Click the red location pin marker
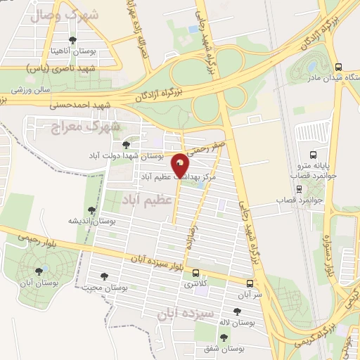(x=181, y=165)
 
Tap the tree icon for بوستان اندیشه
(x=91, y=210)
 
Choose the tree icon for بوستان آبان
(x=39, y=269)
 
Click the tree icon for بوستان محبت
(x=105, y=276)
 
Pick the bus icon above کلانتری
(x=196, y=274)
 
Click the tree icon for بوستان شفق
(x=224, y=337)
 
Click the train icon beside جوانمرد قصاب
(x=299, y=188)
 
